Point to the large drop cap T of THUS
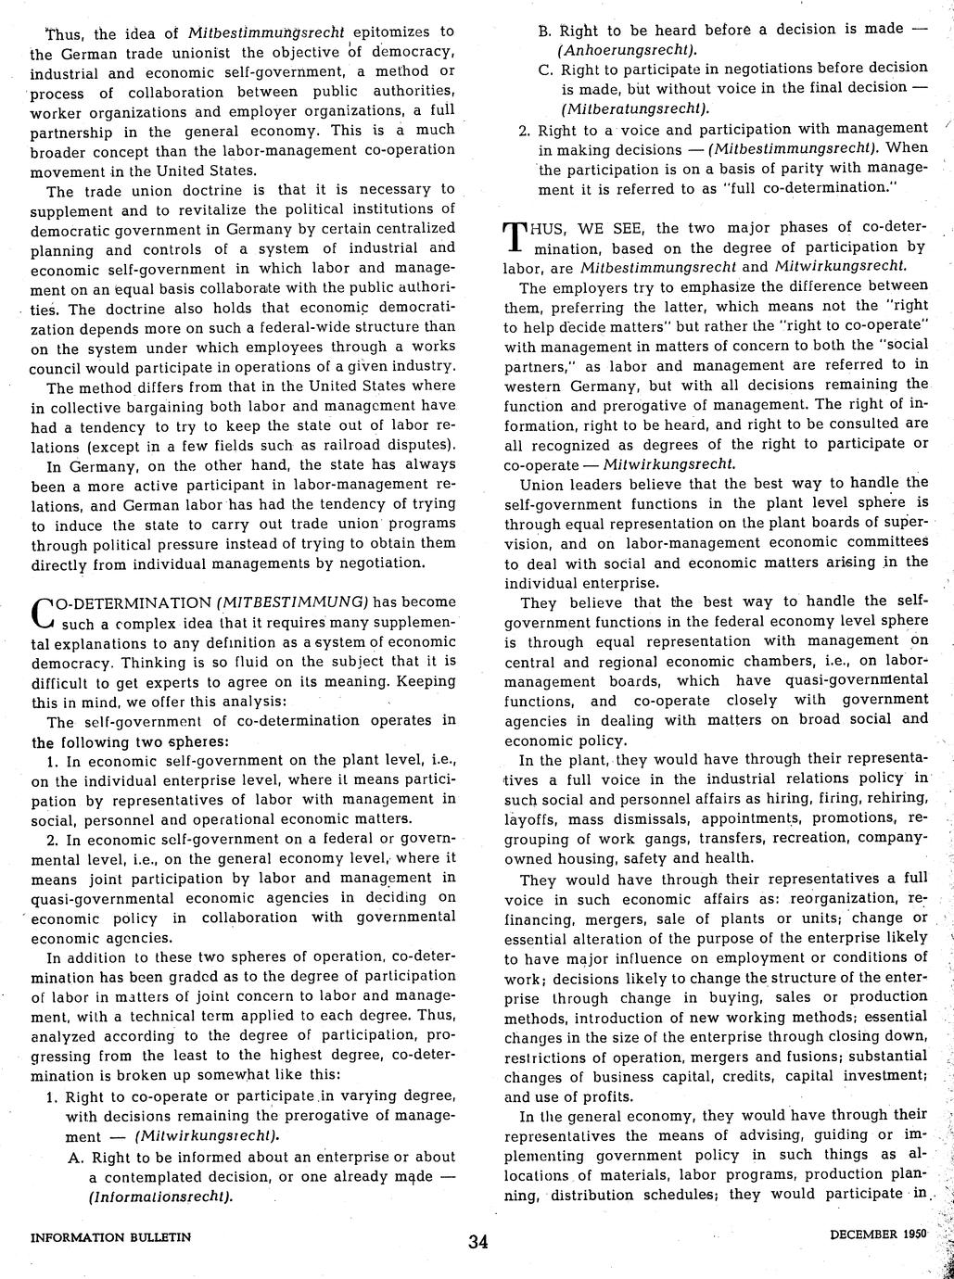pos(515,238)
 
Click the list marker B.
pos(544,29)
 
